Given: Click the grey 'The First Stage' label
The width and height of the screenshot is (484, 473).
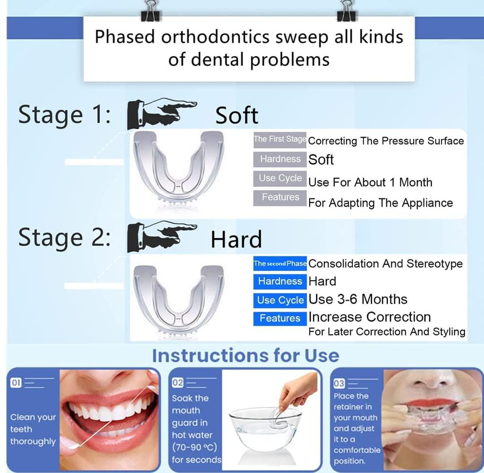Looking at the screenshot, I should [280, 139].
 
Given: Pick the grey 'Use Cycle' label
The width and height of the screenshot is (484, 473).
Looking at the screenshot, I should [280, 178].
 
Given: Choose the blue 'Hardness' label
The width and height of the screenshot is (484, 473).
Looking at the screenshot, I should [280, 281].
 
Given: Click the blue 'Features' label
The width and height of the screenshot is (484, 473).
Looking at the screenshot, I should [280, 318].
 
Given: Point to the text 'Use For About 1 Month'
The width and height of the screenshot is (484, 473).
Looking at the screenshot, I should [370, 182].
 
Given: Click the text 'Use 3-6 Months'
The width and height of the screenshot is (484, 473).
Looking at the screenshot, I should [358, 299].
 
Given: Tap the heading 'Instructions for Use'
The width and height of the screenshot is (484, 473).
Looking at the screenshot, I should [245, 356].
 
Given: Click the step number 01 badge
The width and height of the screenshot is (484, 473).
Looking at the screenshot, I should [16, 383].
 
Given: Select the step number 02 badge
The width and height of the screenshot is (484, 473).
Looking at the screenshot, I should [178, 383].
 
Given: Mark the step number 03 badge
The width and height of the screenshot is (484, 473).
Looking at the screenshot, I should [339, 384].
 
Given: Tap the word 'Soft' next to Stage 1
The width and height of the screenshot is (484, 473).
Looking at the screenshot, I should [237, 115].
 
